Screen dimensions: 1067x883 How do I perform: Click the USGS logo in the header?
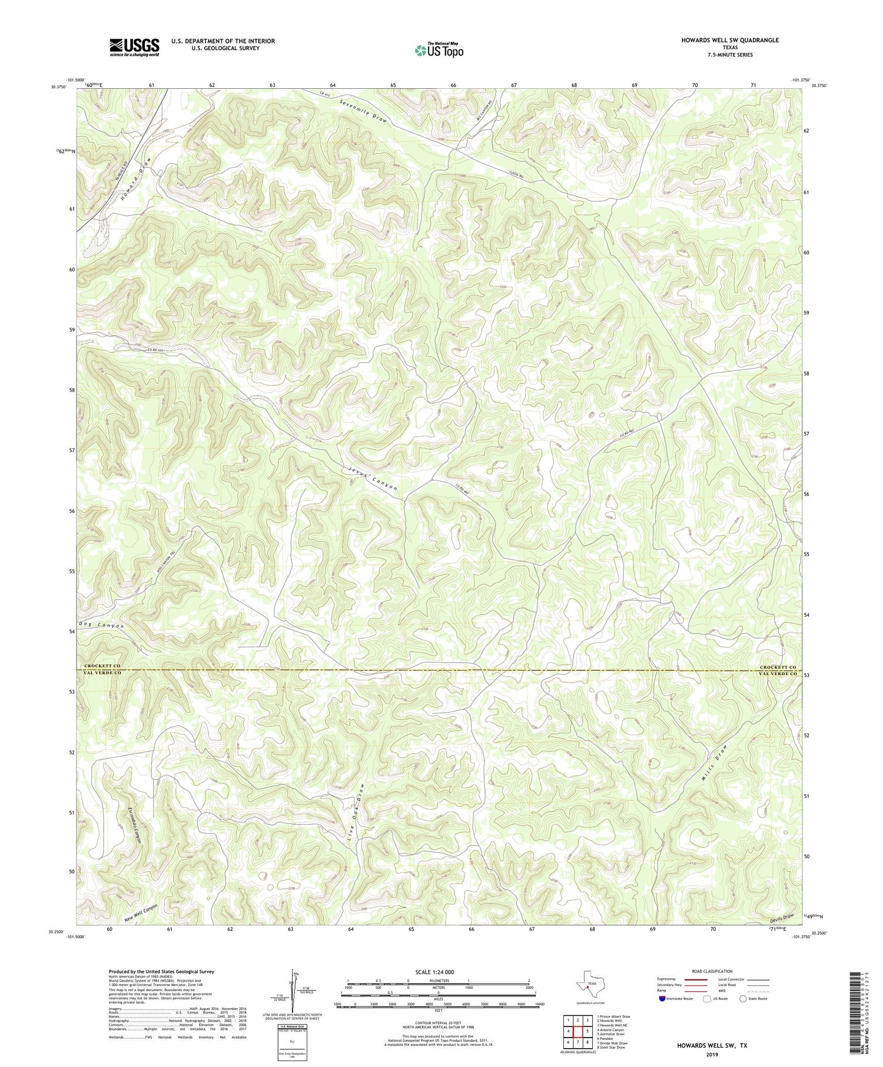tap(134, 47)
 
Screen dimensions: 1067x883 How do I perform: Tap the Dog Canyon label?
tap(101, 625)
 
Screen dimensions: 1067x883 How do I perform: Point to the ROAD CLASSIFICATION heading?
tap(712, 971)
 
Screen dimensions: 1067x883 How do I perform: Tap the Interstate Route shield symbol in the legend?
tap(662, 999)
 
